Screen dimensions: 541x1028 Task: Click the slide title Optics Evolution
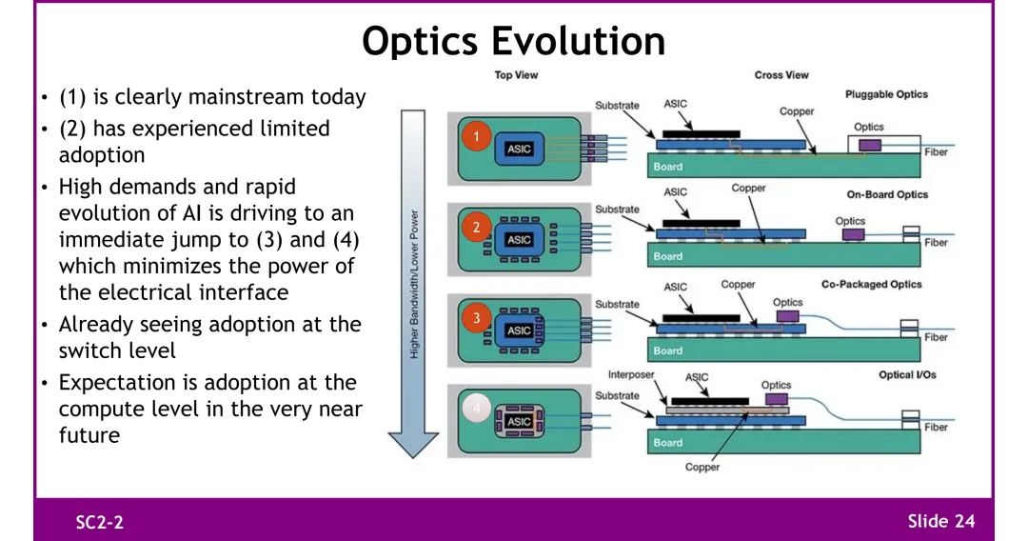(x=514, y=41)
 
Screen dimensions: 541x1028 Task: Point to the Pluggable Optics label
(x=886, y=94)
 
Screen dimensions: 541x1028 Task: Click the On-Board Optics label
(x=887, y=194)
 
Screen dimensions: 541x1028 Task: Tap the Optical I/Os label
(x=907, y=374)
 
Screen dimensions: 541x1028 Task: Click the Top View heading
(x=516, y=75)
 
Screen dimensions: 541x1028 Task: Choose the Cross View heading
(x=781, y=75)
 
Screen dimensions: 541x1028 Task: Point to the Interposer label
(x=631, y=375)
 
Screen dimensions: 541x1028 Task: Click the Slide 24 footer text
(x=940, y=521)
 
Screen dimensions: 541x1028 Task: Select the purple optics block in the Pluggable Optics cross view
(x=869, y=145)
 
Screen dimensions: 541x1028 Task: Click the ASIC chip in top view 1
(x=520, y=150)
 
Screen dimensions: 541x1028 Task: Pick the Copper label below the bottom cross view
(x=702, y=467)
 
